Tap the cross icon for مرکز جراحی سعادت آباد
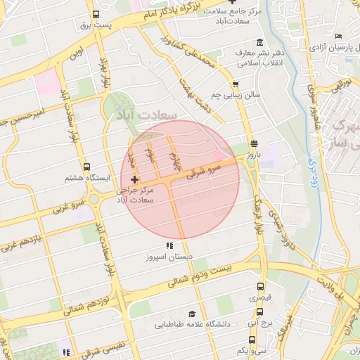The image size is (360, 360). point(134,181)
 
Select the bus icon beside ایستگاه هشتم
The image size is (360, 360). point(86,167)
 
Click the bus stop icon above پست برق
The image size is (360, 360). point(96,14)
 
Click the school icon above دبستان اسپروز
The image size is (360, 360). point(169,245)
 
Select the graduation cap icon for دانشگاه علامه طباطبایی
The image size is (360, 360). point(191,314)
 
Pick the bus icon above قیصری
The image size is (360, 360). point(261,287)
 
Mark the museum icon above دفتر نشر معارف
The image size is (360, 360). point(260,42)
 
